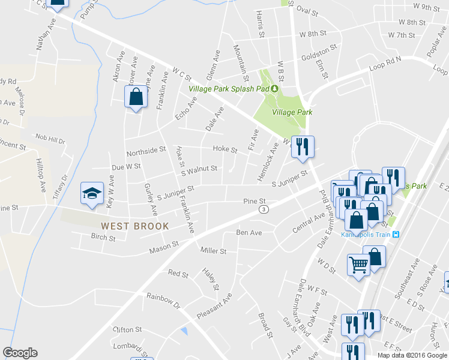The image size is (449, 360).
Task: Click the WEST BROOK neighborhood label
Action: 134,226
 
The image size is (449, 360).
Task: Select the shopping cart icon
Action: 358,264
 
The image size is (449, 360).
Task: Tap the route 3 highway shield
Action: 264,209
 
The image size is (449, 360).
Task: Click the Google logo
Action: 20,353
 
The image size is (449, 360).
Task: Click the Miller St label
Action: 214,251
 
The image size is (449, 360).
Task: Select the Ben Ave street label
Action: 249,232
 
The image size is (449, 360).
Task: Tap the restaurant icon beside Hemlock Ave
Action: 302,147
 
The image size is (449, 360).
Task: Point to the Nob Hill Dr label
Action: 50,139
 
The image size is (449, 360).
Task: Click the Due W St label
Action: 125,166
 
